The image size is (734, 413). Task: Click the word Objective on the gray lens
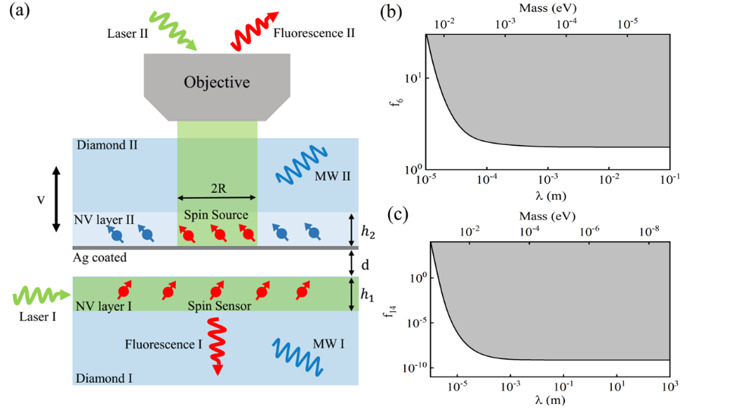pos(217,82)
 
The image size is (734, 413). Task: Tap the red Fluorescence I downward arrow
pos(217,345)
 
